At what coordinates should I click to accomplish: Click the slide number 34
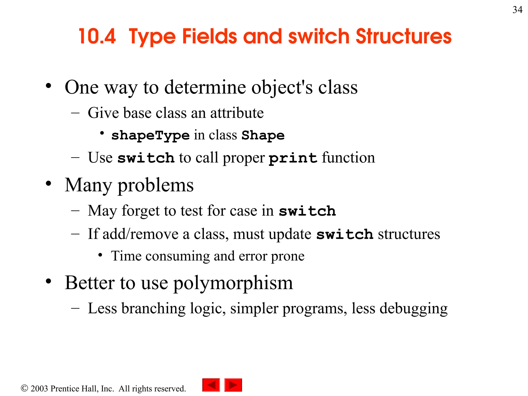517,10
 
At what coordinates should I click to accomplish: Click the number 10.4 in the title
97,36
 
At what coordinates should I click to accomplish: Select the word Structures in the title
403,36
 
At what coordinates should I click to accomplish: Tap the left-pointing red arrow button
211,385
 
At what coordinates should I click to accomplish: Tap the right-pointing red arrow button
233,385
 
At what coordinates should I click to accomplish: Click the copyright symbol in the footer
24,388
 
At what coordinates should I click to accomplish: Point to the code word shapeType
150,135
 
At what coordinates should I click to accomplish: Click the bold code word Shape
263,135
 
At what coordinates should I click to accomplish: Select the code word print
293,158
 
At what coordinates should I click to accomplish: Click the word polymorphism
233,283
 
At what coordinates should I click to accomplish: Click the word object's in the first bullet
282,87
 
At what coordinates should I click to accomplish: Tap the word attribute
237,113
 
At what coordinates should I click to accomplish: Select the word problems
155,185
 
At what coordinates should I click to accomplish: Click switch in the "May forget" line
307,211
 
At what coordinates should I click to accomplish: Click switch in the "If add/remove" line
345,234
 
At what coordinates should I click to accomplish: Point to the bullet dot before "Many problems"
48,184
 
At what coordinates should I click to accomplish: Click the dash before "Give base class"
75,113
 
